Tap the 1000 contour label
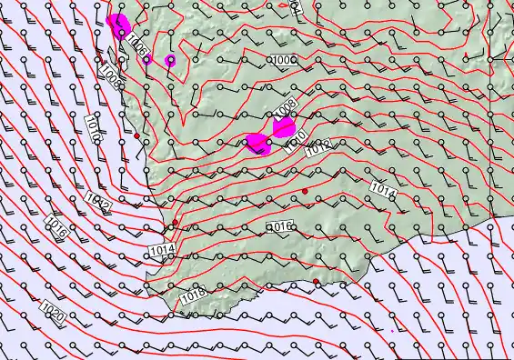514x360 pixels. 283,60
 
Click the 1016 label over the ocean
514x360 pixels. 56,226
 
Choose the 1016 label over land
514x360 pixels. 279,225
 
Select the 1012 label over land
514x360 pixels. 318,146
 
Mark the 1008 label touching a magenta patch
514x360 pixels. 284,111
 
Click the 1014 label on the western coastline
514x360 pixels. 163,248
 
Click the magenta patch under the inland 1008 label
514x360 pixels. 284,126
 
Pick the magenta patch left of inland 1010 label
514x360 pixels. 257,144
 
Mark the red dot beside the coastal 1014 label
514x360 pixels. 175,222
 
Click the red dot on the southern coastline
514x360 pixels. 317,283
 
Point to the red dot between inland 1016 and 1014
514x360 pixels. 306,189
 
